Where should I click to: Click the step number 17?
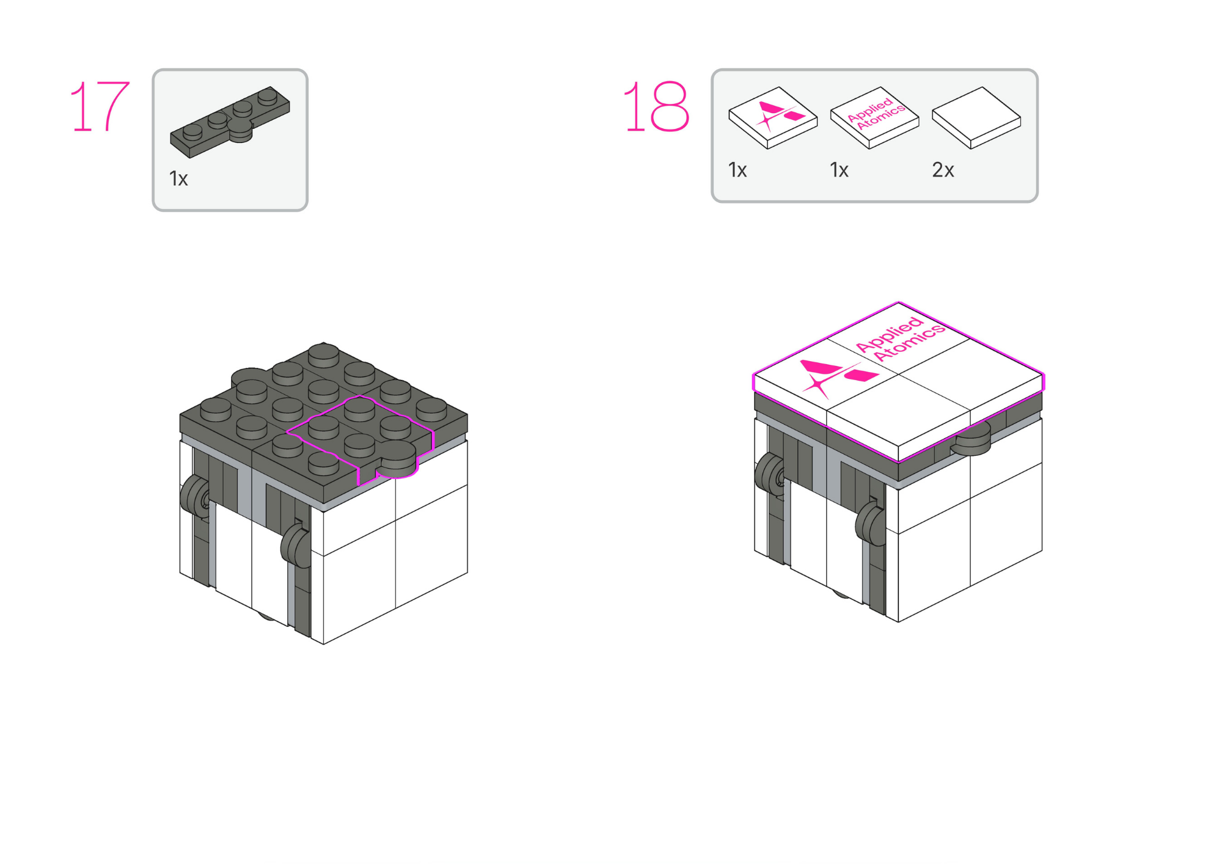click(100, 107)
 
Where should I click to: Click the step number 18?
click(656, 107)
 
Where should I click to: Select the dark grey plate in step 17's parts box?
click(230, 122)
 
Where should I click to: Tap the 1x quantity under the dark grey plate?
click(178, 179)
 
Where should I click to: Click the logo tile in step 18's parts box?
click(773, 117)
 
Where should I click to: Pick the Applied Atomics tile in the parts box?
click(874, 117)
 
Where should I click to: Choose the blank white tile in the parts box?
click(976, 117)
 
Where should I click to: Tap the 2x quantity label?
click(943, 170)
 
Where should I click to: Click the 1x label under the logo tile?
click(737, 170)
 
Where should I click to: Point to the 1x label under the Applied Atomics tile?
click(839, 170)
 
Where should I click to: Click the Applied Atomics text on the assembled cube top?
click(900, 339)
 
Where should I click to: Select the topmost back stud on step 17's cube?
click(324, 354)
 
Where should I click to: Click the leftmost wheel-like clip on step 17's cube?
click(194, 495)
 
